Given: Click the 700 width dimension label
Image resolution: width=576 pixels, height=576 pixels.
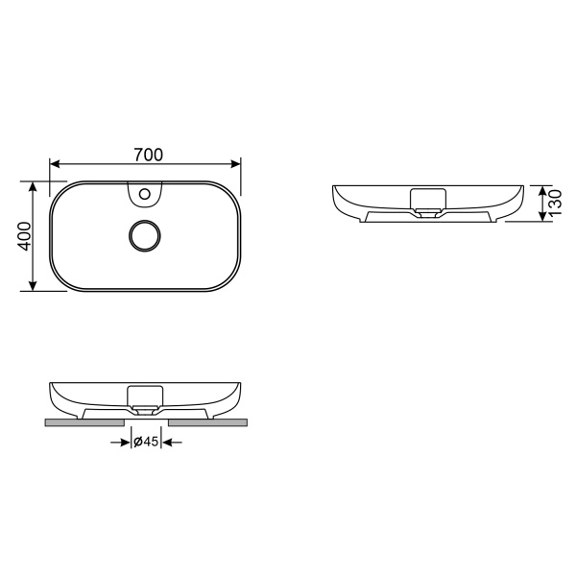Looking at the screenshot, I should click(x=148, y=154).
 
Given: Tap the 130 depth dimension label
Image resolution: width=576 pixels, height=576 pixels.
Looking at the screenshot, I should click(x=556, y=204).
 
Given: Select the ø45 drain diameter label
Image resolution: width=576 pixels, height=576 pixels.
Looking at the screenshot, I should click(x=145, y=442).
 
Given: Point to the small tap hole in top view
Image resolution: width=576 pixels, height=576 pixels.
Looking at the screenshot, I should click(x=145, y=195).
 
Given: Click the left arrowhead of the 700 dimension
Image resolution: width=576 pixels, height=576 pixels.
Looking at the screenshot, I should click(x=56, y=164).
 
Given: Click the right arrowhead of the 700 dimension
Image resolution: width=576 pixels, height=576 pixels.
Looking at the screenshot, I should click(x=238, y=164).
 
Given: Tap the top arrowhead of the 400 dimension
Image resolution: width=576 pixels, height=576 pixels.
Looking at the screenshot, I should click(x=35, y=187).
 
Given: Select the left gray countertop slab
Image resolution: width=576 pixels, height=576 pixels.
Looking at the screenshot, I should click(x=84, y=420).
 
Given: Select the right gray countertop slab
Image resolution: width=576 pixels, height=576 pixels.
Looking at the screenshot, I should click(x=207, y=420).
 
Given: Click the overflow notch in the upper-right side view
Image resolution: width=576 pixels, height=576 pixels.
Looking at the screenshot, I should click(x=427, y=199).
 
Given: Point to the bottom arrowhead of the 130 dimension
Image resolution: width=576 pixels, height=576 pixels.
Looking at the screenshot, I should click(x=540, y=217).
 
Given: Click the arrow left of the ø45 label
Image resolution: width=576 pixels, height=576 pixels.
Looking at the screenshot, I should click(x=122, y=442).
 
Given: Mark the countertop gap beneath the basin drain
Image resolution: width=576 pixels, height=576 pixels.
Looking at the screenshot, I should click(x=146, y=420).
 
